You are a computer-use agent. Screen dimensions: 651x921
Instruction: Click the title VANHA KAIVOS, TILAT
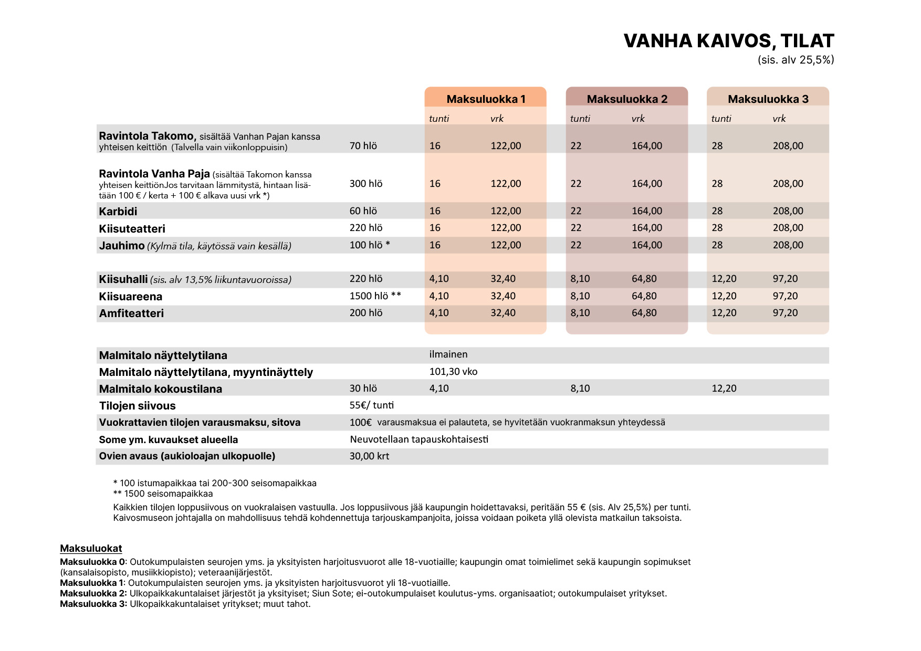(x=728, y=41)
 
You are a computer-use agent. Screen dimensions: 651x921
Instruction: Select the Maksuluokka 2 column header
(x=627, y=99)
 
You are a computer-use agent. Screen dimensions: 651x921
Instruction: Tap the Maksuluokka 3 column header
(x=768, y=99)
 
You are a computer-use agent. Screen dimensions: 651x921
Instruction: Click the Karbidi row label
(x=118, y=212)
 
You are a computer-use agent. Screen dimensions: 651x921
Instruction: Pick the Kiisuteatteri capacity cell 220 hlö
(x=366, y=228)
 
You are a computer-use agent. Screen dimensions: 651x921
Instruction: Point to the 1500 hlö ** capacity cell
(x=375, y=296)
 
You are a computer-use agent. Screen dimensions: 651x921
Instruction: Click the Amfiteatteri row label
(x=131, y=313)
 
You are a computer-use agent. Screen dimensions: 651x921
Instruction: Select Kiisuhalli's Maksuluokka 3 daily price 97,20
(x=785, y=279)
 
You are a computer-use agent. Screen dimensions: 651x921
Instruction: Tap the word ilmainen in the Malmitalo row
(x=448, y=354)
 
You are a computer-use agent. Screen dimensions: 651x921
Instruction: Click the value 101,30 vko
(x=453, y=372)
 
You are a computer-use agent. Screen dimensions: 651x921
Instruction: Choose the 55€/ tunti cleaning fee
(x=372, y=405)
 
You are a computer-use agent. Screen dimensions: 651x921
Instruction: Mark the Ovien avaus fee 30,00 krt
(x=369, y=456)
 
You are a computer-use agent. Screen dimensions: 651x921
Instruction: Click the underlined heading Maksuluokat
(x=91, y=549)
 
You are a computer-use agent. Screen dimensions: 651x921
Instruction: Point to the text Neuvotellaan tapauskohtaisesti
(x=419, y=439)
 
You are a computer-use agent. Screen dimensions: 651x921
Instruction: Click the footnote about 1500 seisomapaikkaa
(x=163, y=493)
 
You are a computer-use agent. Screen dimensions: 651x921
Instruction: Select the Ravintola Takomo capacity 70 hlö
(x=363, y=146)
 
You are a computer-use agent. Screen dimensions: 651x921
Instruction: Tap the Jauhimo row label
(x=122, y=246)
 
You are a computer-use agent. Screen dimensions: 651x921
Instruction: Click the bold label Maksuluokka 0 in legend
(x=92, y=562)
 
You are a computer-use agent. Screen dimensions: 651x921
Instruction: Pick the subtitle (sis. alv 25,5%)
(x=796, y=60)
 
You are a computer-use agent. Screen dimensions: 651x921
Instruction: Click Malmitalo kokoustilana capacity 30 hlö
(x=363, y=388)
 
